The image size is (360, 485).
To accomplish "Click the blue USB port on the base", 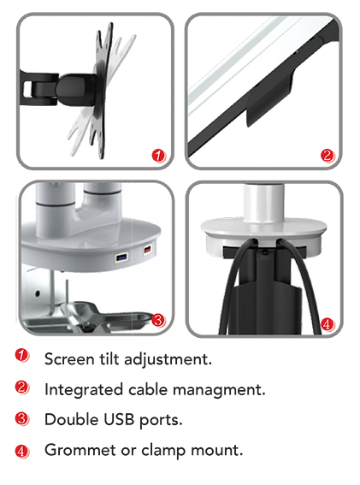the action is (121, 257).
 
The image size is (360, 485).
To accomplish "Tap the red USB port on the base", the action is (148, 249).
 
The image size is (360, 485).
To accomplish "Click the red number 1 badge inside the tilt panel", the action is (159, 156).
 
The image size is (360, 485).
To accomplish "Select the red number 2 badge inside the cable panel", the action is (328, 156).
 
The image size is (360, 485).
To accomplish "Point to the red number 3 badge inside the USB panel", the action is (159, 320).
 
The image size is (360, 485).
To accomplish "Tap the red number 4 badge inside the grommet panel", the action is (328, 324).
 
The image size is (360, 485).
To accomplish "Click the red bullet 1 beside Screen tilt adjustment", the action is (21, 355).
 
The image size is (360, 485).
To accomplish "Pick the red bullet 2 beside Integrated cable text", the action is (21, 387).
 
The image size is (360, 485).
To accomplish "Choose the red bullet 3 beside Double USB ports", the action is (21, 419).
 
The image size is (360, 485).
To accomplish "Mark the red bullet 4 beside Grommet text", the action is (21, 452).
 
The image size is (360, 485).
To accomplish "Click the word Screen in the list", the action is (69, 359).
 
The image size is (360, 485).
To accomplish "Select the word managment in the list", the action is (219, 390).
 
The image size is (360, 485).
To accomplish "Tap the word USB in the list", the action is (119, 420).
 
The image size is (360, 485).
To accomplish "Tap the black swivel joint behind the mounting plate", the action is (75, 89).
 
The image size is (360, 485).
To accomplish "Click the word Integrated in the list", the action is (84, 390).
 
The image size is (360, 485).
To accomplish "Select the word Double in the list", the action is (72, 420).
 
